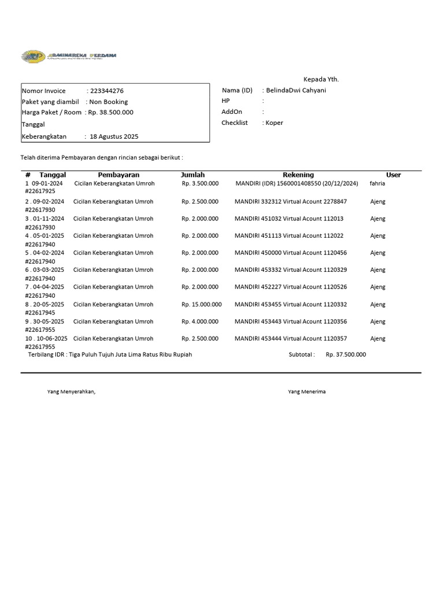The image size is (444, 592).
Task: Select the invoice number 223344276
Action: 106,91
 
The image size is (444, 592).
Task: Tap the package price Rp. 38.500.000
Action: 110,112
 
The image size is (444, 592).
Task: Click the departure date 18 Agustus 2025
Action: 114,136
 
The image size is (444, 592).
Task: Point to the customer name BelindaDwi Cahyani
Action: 296,90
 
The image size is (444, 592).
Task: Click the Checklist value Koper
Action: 275,123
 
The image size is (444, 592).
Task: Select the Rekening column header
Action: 298,175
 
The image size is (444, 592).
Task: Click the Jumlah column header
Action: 193,175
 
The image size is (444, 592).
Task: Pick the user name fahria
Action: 377,183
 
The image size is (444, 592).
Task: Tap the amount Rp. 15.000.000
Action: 201,304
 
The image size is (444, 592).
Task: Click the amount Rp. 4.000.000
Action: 200,321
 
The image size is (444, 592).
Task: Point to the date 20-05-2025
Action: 50,304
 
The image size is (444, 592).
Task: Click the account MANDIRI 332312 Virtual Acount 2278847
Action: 290,202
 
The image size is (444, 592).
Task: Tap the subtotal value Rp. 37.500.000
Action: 346,354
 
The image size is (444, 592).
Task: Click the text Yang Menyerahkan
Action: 71,391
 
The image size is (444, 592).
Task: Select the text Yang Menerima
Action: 306,391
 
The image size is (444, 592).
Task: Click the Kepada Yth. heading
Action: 321,79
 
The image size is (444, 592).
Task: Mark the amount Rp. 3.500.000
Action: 200,183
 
